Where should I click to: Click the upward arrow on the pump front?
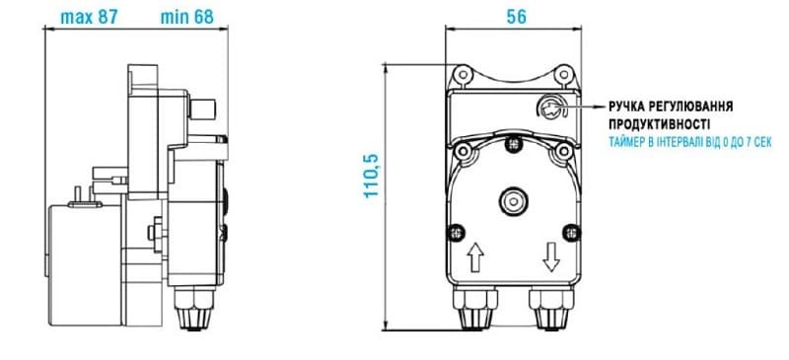474,259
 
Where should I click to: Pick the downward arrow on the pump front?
550,259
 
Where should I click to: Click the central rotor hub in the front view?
511,200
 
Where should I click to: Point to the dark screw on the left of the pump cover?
454,233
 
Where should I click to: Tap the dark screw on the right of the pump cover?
568,233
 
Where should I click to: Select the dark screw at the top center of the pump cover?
511,144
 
